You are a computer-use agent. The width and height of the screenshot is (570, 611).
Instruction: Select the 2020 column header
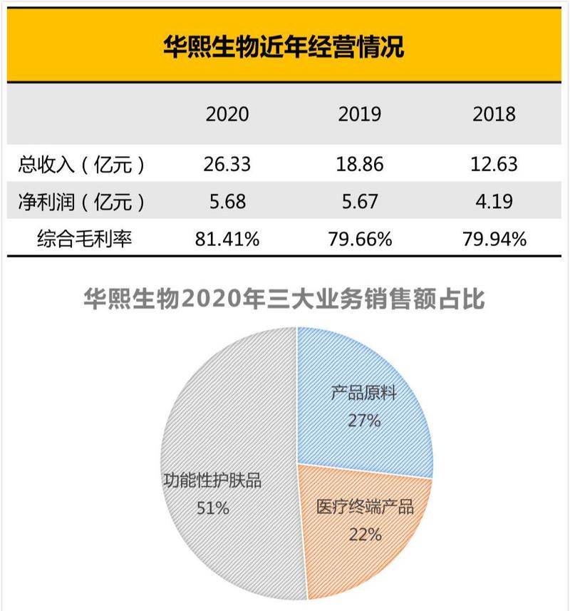(x=227, y=114)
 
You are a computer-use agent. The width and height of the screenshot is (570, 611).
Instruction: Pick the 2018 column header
(x=493, y=114)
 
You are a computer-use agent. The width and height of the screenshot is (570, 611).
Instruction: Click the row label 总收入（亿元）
(x=82, y=165)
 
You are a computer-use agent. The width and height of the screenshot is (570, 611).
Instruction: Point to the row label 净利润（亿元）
(x=82, y=202)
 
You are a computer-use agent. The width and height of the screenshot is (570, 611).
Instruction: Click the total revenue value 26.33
(x=227, y=165)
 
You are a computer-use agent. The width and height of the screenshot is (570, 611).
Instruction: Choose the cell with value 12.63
(x=493, y=165)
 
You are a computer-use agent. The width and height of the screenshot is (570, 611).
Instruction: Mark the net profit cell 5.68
(x=227, y=202)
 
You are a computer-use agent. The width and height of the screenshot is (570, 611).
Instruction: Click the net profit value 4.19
(x=493, y=202)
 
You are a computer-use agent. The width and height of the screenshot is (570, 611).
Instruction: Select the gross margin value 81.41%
(x=227, y=239)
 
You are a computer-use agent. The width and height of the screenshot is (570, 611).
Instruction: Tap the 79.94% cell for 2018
(x=493, y=239)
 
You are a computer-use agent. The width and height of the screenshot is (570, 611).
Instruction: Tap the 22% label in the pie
(x=365, y=534)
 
